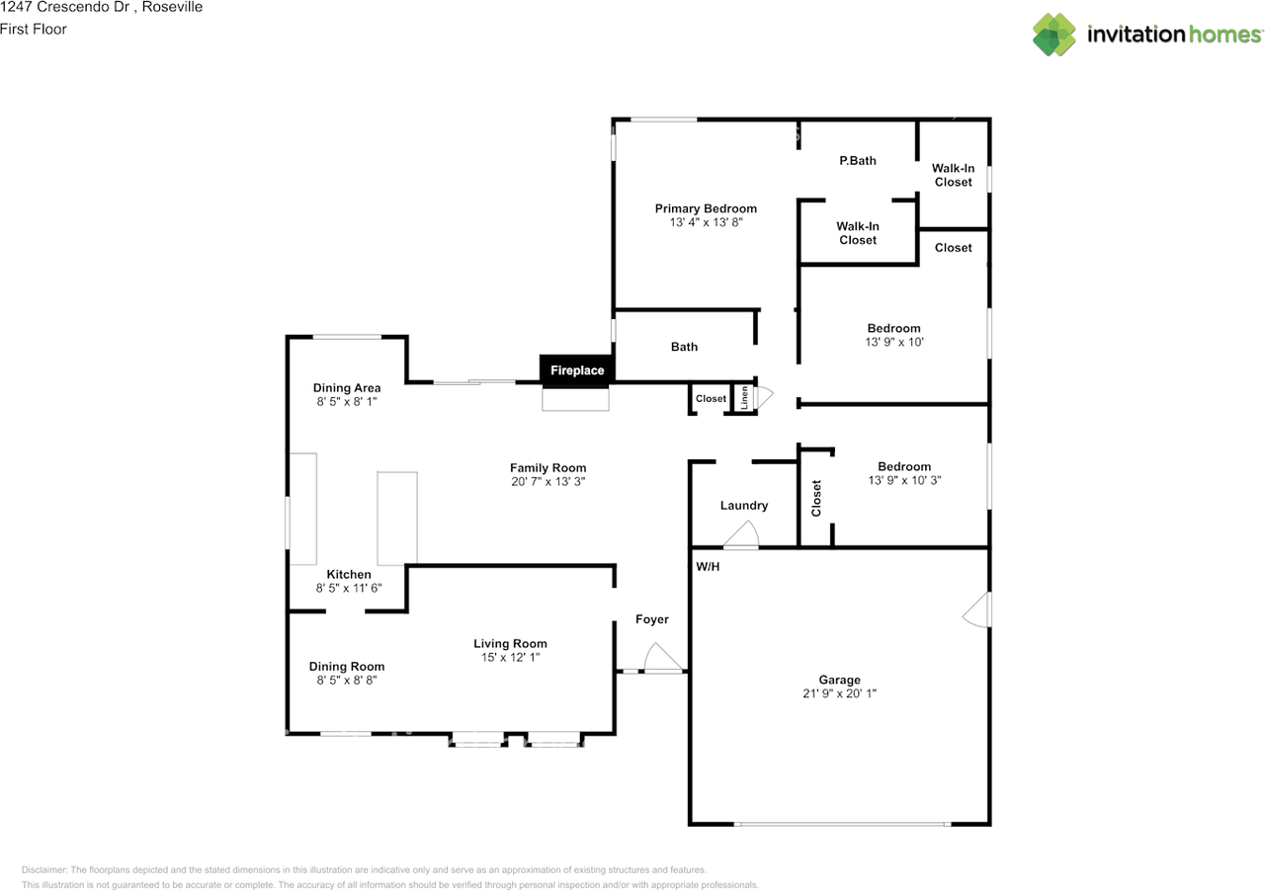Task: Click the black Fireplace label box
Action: [577, 370]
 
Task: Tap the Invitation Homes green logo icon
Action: [1054, 35]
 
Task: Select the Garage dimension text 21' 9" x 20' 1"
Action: [840, 693]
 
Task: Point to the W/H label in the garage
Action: [708, 567]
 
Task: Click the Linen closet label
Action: [744, 398]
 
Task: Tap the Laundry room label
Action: [744, 506]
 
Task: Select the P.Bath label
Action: [858, 161]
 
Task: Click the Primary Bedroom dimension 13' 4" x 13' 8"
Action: [706, 222]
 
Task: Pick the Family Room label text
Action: [548, 468]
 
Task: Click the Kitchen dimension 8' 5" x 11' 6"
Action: [349, 588]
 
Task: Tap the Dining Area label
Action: [347, 388]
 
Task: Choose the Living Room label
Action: [510, 643]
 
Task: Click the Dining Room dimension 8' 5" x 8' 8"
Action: [347, 680]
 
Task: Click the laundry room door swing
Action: [741, 533]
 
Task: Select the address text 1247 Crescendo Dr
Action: [65, 7]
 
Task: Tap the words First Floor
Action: [34, 30]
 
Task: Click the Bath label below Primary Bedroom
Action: [684, 347]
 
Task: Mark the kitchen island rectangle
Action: [397, 519]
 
